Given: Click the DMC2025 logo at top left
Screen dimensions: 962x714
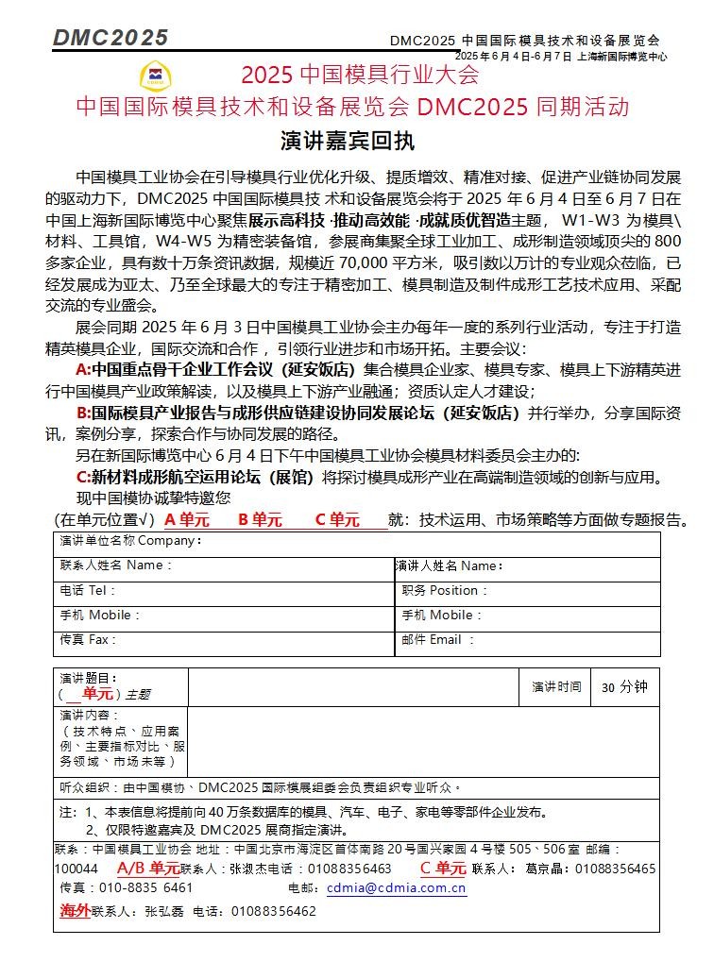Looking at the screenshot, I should (x=110, y=38).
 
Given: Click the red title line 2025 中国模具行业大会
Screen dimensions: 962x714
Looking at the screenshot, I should (x=360, y=74).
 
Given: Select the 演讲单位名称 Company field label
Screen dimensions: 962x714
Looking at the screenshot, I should (x=130, y=541).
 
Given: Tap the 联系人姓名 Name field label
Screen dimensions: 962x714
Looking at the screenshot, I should (x=116, y=565).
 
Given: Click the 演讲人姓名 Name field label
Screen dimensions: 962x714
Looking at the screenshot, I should (x=449, y=566).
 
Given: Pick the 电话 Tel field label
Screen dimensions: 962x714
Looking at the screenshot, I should (x=87, y=590).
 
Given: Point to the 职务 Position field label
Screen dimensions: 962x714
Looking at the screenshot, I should (x=445, y=590).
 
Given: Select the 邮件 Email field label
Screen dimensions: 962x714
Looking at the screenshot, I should (x=438, y=640).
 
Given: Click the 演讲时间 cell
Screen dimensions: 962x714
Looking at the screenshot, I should (x=556, y=687).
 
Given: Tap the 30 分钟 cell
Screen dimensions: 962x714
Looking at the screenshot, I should (x=624, y=687).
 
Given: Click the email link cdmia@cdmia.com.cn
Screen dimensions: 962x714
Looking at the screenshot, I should (x=396, y=887).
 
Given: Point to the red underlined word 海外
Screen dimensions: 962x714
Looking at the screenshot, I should (x=75, y=911).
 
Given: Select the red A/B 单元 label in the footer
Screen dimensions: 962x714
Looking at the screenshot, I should (x=148, y=869).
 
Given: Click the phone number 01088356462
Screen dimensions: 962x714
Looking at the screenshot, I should (x=273, y=912).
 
